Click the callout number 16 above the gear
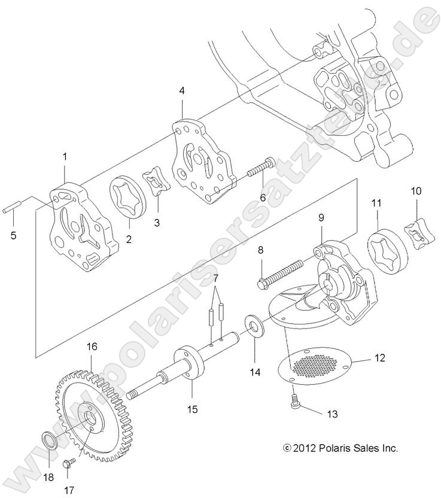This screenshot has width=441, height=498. (92, 346)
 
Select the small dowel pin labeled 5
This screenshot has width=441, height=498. (13, 209)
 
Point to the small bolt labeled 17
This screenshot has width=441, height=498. (68, 463)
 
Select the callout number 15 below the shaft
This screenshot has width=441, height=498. (191, 410)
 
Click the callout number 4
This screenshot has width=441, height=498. (182, 92)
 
